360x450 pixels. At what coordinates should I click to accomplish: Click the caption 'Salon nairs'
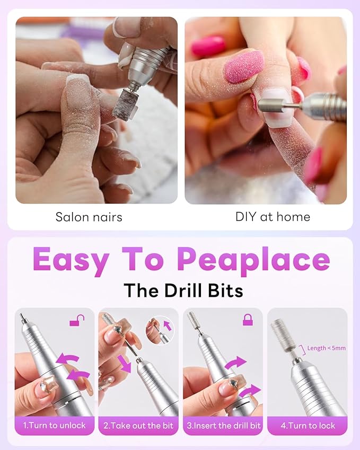point(89,217)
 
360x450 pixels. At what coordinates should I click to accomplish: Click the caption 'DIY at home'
point(273,217)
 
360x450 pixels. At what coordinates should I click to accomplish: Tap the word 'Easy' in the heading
point(71,260)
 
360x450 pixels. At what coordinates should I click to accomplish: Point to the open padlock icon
point(77,320)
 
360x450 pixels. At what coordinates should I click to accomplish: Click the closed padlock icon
point(247,320)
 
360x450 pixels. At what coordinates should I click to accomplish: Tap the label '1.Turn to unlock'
point(54,426)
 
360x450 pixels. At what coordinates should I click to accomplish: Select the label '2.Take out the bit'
point(138,426)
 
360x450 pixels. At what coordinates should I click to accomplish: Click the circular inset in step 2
point(160,330)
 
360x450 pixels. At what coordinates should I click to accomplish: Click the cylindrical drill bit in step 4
point(282,336)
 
